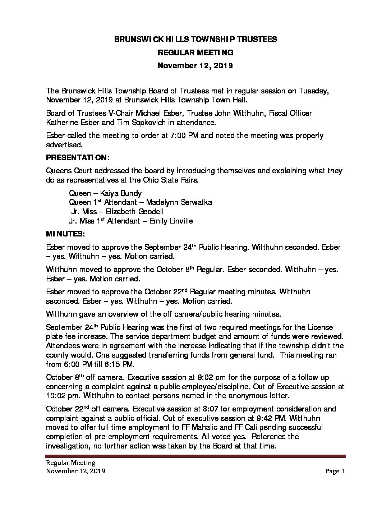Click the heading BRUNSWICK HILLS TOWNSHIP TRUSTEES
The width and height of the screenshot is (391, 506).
pos(195,40)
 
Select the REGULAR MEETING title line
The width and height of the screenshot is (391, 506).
pos(195,53)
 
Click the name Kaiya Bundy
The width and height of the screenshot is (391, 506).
pos(119,193)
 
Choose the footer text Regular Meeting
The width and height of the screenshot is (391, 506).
pos(70,463)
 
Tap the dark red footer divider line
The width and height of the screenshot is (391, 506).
pos(195,456)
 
